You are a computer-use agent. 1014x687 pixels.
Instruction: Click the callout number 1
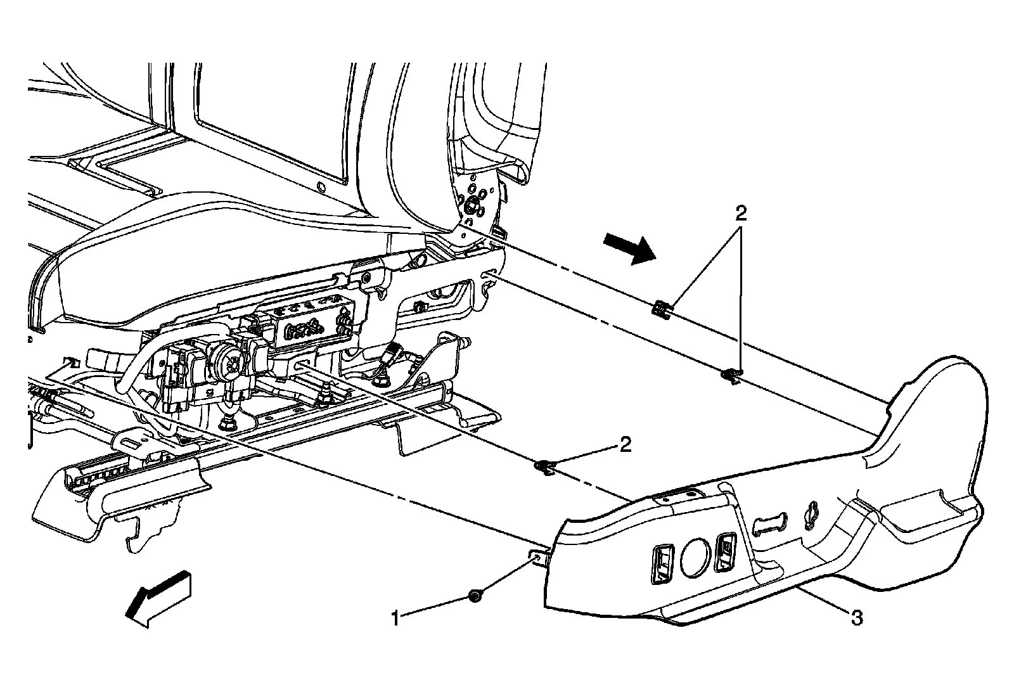click(x=395, y=617)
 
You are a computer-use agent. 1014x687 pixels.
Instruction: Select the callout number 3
click(x=856, y=618)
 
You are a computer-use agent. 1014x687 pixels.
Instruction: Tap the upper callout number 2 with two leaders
click(x=741, y=213)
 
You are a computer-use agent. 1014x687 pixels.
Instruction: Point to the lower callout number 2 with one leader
click(x=625, y=445)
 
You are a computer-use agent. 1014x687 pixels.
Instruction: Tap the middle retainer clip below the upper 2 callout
click(x=731, y=375)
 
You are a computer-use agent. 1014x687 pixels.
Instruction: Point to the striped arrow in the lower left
click(x=157, y=596)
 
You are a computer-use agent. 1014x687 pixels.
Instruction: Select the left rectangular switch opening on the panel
click(x=662, y=562)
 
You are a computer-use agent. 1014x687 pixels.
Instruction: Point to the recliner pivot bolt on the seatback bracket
click(x=473, y=205)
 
